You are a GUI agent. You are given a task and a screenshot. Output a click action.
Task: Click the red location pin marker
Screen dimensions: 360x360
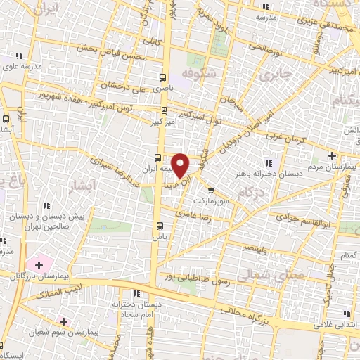(x=181, y=165)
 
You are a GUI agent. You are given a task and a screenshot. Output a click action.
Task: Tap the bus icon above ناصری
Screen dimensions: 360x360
(x=163, y=78)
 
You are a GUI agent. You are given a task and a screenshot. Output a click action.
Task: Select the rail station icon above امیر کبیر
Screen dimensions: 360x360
(x=163, y=110)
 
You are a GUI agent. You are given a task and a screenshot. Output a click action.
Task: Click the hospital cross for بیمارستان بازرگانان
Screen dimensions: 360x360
(x=38, y=265)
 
